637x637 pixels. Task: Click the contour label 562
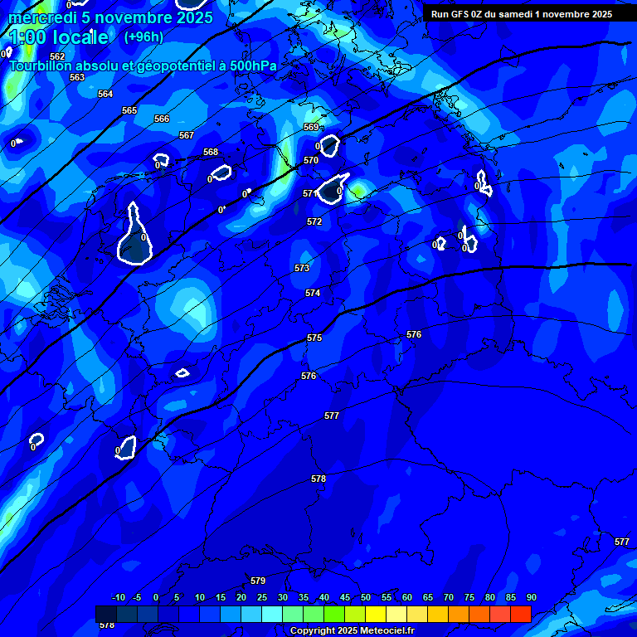coord(57,57)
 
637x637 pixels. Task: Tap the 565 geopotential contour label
coord(129,110)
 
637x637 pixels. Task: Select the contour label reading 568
coord(211,152)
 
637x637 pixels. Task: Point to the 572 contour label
coord(314,221)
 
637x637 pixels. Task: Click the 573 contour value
coord(302,268)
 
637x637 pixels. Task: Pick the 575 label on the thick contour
coord(314,338)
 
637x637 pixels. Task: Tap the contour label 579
coord(258,581)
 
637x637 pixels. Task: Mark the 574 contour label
coord(313,293)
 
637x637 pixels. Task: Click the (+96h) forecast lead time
coord(143,36)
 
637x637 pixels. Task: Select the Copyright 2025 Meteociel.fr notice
coord(351,630)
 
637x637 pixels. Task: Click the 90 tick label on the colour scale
coord(531,597)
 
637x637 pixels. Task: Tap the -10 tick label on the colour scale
coord(118,597)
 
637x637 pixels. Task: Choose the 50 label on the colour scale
coord(366,597)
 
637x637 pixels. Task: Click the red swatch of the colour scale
coord(520,614)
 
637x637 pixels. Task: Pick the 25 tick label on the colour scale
coord(262,597)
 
